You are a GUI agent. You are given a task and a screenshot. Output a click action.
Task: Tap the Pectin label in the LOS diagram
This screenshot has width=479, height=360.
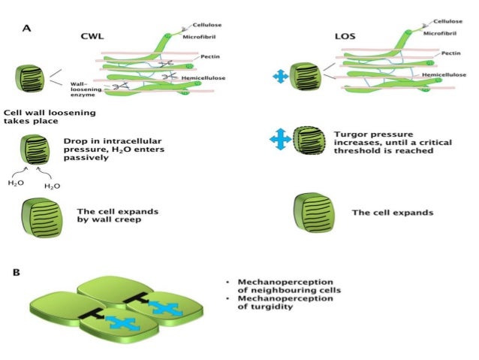click(451, 53)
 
